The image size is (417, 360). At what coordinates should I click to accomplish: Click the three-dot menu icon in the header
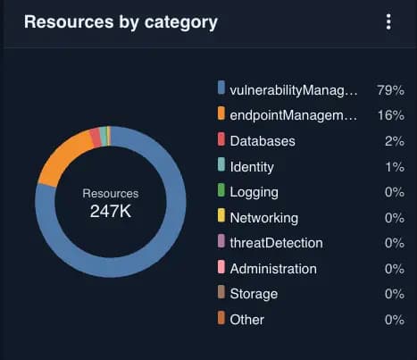point(388,22)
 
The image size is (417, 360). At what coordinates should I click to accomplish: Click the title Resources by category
point(121,22)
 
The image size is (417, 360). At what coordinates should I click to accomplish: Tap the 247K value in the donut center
point(111,212)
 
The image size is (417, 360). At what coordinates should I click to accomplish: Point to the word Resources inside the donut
point(111,193)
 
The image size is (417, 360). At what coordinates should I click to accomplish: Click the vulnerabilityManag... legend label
point(293,89)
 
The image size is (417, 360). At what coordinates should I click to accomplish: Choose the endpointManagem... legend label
point(293,115)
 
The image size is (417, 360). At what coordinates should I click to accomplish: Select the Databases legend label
point(262,141)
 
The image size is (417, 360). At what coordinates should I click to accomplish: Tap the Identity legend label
point(252,166)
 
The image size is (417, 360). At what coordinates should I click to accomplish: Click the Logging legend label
point(254,192)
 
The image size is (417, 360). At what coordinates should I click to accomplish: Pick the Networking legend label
point(263,217)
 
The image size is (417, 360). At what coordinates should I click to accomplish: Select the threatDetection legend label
point(276,243)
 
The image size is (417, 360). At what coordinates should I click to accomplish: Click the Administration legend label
point(272,268)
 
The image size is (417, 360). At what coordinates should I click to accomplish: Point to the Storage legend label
point(254,294)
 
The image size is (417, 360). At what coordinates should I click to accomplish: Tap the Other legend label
point(247,319)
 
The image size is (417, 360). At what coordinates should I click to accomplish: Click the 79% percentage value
point(390,89)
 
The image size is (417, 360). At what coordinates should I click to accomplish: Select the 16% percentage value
point(390,115)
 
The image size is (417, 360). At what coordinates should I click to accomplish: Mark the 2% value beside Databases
point(394,141)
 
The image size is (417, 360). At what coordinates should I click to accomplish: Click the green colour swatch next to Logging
point(221,191)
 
